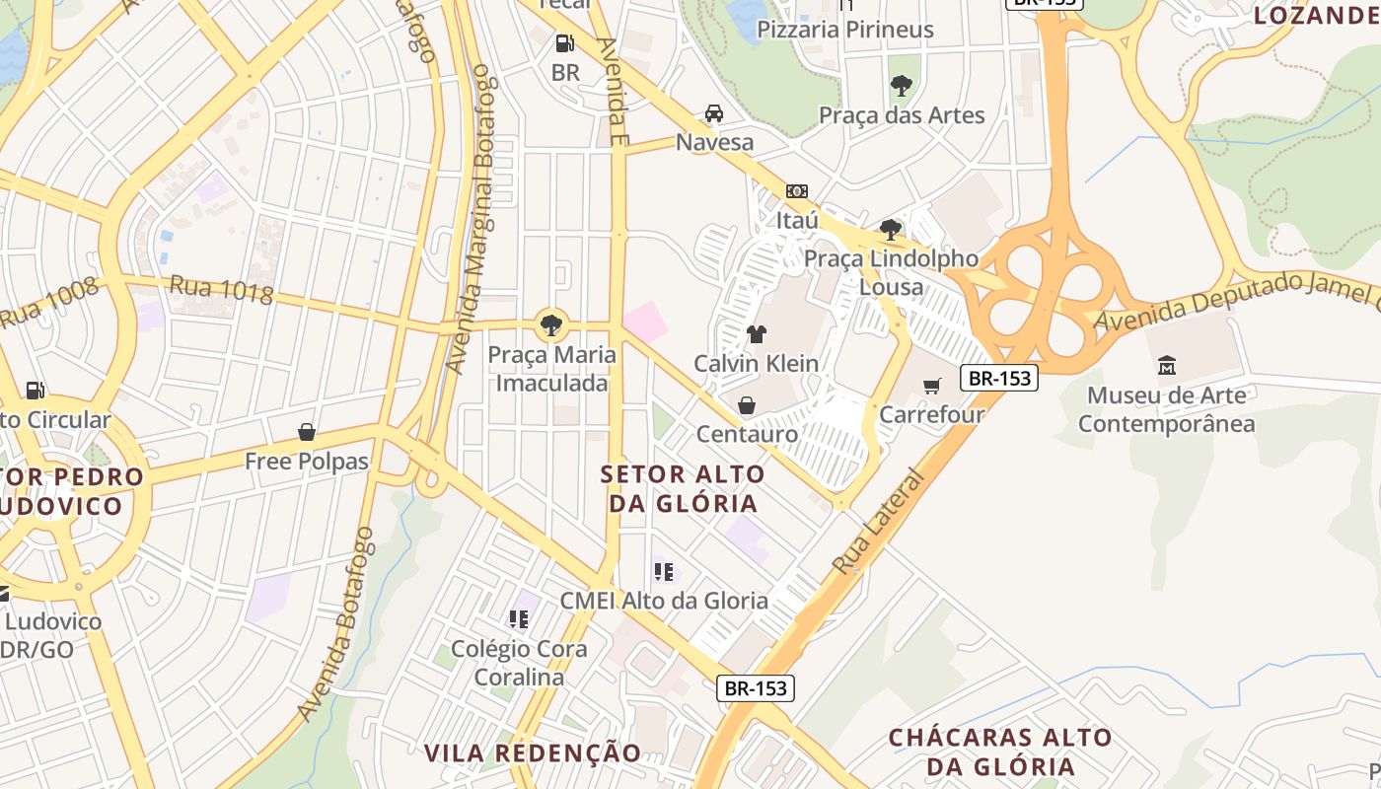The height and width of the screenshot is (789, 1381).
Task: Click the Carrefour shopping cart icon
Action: click(x=932, y=386)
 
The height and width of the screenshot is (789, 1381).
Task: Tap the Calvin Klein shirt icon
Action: click(x=756, y=334)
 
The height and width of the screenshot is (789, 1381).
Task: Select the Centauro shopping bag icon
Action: click(x=747, y=405)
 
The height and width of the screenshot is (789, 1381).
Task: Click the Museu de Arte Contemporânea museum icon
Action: click(x=1167, y=366)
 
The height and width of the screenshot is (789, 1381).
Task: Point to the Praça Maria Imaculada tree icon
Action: click(x=551, y=324)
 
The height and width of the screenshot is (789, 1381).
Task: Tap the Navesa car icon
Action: click(x=713, y=113)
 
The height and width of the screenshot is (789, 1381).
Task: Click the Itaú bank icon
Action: click(x=796, y=191)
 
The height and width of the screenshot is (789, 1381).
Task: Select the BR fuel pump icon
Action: click(x=564, y=43)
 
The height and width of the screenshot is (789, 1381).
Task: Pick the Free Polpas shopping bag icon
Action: click(x=307, y=432)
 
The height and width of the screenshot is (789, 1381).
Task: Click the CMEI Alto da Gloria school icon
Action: click(x=664, y=571)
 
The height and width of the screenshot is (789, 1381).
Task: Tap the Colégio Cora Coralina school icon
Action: click(x=519, y=619)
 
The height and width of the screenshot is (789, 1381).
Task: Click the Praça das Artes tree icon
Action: click(x=901, y=86)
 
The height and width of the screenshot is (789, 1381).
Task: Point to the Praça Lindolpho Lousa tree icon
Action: click(x=891, y=230)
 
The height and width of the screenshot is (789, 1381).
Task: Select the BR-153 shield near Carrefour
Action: click(x=999, y=378)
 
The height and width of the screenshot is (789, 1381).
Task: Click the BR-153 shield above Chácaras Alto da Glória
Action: click(x=755, y=688)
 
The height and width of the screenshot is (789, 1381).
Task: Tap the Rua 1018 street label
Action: click(x=222, y=290)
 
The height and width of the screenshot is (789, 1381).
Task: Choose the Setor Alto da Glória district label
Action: click(x=683, y=488)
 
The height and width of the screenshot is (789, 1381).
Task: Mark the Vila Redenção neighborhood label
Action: click(x=533, y=753)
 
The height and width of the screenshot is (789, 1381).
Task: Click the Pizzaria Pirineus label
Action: click(x=844, y=30)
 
